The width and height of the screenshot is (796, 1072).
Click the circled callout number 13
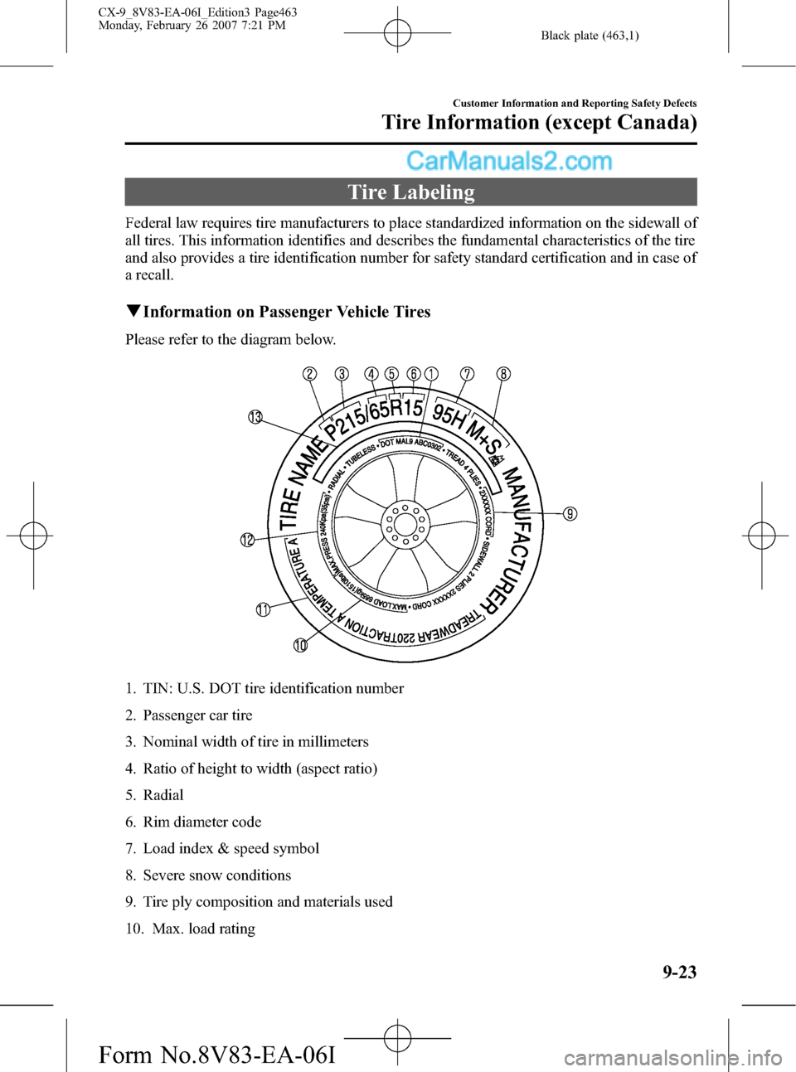(255, 417)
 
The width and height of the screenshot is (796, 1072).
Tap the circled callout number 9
(570, 514)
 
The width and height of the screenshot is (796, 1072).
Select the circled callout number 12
(247, 541)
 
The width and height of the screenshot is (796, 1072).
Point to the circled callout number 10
(300, 645)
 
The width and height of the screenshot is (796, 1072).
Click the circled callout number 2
(309, 374)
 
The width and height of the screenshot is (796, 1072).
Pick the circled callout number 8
(503, 374)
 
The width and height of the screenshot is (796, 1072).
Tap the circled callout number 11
(263, 610)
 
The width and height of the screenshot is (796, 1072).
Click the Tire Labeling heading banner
(410, 192)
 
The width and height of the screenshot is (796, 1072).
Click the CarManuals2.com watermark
(509, 161)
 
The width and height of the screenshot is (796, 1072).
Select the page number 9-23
(679, 972)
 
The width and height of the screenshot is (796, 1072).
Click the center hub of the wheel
(405, 524)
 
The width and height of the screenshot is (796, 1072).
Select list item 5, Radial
(163, 795)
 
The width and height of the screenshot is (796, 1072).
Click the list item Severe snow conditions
(216, 876)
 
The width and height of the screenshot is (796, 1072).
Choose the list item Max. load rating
(203, 929)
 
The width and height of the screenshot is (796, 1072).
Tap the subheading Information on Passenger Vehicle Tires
(286, 312)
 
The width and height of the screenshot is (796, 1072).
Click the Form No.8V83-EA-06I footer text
(217, 1055)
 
